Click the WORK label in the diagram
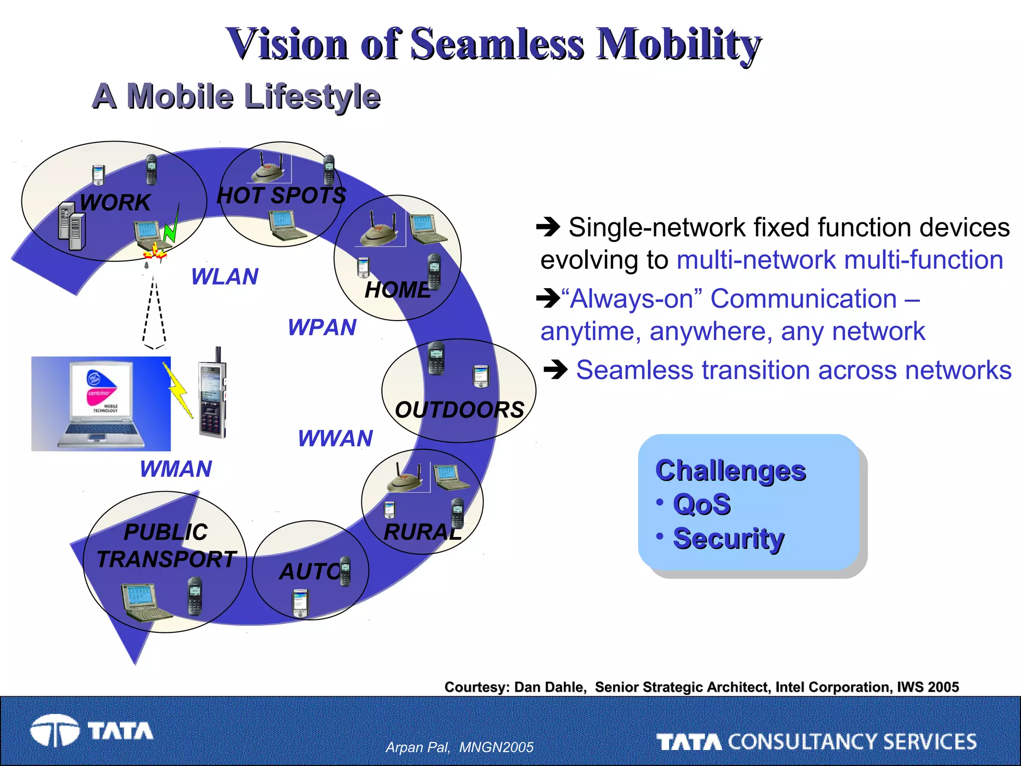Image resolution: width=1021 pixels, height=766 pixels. click(x=115, y=202)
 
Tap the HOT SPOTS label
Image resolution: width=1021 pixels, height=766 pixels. click(x=281, y=195)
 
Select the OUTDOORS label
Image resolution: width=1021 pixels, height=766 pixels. click(x=459, y=410)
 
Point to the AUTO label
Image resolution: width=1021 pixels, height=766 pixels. click(x=309, y=572)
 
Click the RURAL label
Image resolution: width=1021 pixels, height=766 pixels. click(x=423, y=532)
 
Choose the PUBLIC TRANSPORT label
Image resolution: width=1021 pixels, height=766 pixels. click(x=166, y=546)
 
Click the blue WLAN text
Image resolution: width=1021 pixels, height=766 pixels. click(x=225, y=277)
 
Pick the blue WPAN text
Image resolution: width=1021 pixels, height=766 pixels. click(x=322, y=328)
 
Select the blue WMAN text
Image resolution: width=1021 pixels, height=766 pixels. click(x=176, y=469)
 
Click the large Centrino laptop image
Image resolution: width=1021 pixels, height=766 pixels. click(x=101, y=404)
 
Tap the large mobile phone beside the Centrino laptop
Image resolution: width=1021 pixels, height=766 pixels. click(x=213, y=396)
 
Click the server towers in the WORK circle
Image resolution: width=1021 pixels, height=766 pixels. click(x=72, y=226)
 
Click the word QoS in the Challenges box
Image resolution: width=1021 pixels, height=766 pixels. click(x=701, y=504)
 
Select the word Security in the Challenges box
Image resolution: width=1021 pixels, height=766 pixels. click(x=728, y=539)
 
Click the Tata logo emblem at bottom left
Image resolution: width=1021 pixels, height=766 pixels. click(x=54, y=731)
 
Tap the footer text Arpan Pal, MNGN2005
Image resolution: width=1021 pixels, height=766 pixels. click(x=459, y=747)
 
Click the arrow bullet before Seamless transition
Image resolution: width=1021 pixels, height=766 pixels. click(x=555, y=370)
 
